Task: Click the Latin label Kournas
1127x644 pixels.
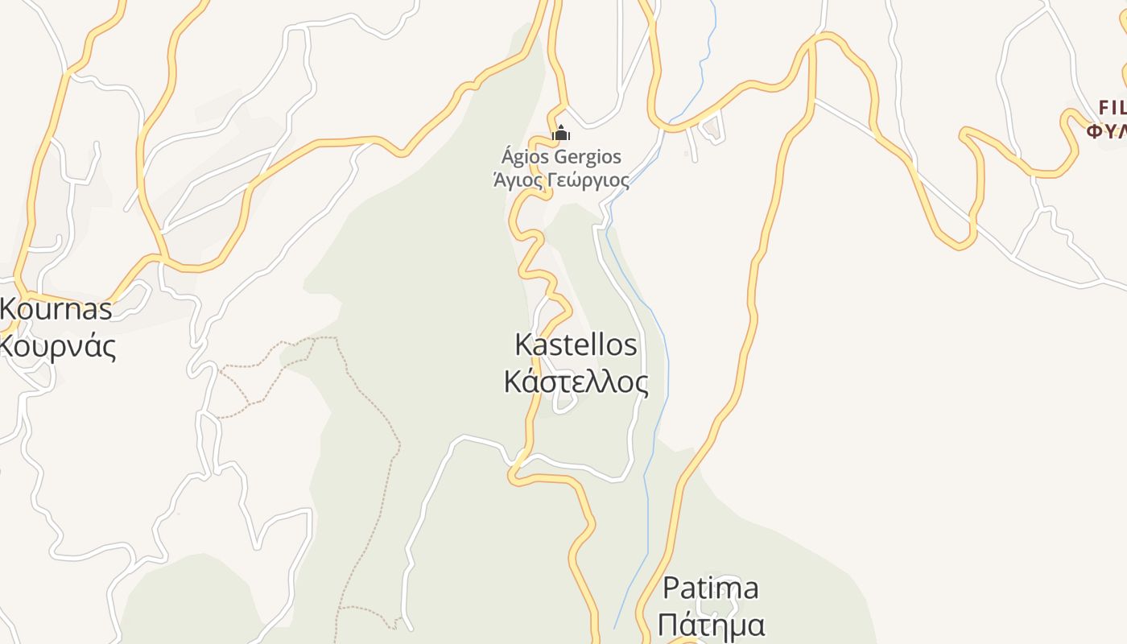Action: click(56, 308)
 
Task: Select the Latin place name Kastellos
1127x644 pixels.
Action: click(576, 345)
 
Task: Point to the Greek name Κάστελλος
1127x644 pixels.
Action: click(576, 382)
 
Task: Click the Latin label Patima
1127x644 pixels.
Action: click(710, 588)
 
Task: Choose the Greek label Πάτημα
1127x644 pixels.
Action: click(710, 625)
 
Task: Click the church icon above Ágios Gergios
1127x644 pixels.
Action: click(561, 133)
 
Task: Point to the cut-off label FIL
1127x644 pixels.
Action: click(1113, 107)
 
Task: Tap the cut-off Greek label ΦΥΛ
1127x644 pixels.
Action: click(1107, 130)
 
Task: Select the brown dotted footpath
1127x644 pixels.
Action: click(378, 402)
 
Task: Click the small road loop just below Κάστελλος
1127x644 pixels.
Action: click(564, 405)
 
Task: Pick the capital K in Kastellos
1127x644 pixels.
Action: click(522, 345)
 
